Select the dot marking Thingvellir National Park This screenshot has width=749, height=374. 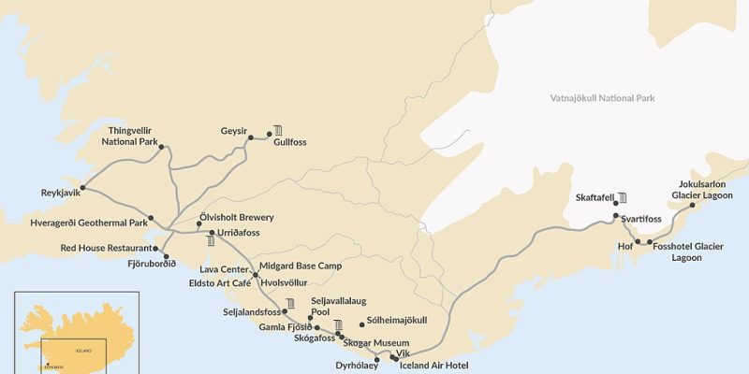pyautogui.click(x=162, y=147)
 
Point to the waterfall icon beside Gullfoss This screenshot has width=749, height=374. pyautogui.click(x=278, y=130)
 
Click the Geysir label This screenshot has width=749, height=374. pyautogui.click(x=233, y=130)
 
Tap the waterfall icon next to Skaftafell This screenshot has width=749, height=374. pyautogui.click(x=623, y=197)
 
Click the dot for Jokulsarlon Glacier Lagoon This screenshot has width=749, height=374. pyautogui.click(x=692, y=205)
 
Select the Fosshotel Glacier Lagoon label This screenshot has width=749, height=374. pyautogui.click(x=687, y=252)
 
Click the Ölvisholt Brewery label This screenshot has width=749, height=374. pyautogui.click(x=237, y=217)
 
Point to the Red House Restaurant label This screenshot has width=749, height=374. pyautogui.click(x=106, y=248)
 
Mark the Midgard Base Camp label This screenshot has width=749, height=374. pyautogui.click(x=301, y=266)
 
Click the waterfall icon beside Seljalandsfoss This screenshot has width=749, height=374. pyautogui.click(x=291, y=303)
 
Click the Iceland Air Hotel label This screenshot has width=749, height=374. pyautogui.click(x=433, y=366)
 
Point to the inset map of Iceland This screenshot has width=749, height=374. pyautogui.click(x=76, y=332)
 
